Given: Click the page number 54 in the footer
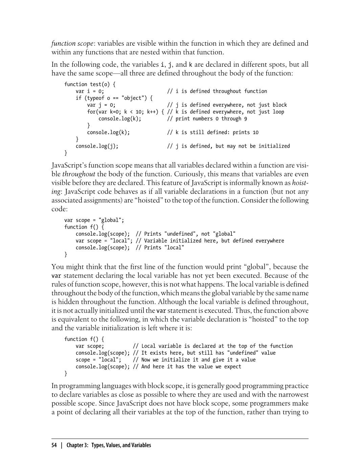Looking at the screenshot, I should [x=54, y=445].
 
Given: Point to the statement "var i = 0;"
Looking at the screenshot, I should [x=90, y=91].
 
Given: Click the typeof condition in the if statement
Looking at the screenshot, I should [x=116, y=98].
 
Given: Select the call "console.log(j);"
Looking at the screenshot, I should [x=97, y=146].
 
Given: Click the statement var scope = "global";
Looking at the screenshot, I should [x=94, y=220].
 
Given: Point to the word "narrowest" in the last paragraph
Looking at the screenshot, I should [x=293, y=395].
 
